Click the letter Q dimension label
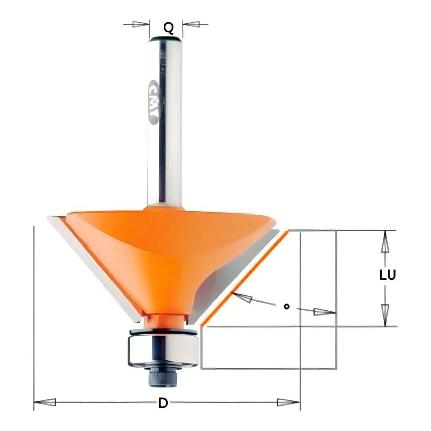[169, 28]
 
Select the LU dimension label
[387, 275]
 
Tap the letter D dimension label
[162, 403]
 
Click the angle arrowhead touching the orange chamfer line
[241, 297]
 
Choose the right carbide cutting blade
[228, 276]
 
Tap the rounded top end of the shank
[166, 40]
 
